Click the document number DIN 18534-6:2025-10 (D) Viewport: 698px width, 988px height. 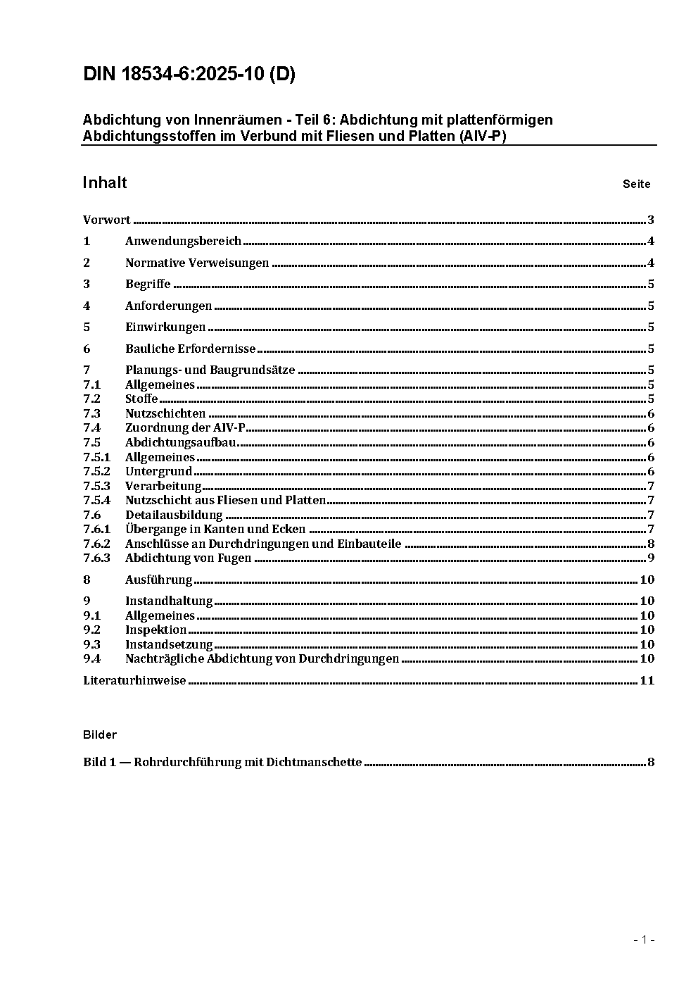[x=189, y=75]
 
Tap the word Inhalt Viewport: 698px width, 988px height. [x=105, y=183]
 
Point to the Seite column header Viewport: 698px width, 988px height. [x=636, y=185]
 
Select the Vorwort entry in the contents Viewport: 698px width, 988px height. [x=107, y=220]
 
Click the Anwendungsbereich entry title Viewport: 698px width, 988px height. [x=183, y=242]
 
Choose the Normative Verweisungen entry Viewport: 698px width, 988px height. [x=197, y=263]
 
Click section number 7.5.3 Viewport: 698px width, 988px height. [x=96, y=486]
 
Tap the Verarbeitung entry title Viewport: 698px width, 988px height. [x=163, y=486]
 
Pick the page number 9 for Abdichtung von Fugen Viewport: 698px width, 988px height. [x=651, y=558]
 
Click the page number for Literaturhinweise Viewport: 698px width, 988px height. [x=647, y=680]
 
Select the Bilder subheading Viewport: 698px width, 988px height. [x=100, y=735]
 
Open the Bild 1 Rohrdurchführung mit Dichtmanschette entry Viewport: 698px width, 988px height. [x=222, y=762]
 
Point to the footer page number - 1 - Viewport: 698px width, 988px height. [x=644, y=939]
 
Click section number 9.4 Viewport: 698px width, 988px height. [x=92, y=659]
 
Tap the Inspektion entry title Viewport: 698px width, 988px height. [x=156, y=630]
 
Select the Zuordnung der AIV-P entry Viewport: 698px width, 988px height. [x=185, y=428]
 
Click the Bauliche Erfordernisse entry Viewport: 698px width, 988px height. [x=190, y=349]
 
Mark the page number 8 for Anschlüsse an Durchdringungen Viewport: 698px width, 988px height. [x=651, y=544]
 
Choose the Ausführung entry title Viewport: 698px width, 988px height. [x=158, y=580]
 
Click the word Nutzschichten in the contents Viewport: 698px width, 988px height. [x=165, y=414]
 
